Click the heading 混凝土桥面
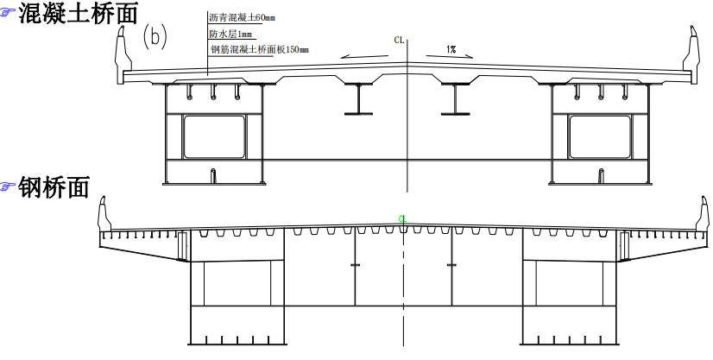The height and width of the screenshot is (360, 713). coord(78,13)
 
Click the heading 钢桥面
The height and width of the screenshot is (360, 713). coord(54,186)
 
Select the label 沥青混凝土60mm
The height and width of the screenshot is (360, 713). coord(242,18)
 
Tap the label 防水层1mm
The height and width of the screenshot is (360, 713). coord(230,35)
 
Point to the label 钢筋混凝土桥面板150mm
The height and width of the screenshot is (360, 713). coord(260,49)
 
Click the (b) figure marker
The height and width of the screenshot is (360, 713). coord(155,36)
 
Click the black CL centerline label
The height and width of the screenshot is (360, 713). coord(400,40)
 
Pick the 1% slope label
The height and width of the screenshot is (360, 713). coord(451,49)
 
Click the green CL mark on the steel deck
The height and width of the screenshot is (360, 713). coord(402,218)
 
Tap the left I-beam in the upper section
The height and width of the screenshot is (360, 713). coord(358,98)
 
